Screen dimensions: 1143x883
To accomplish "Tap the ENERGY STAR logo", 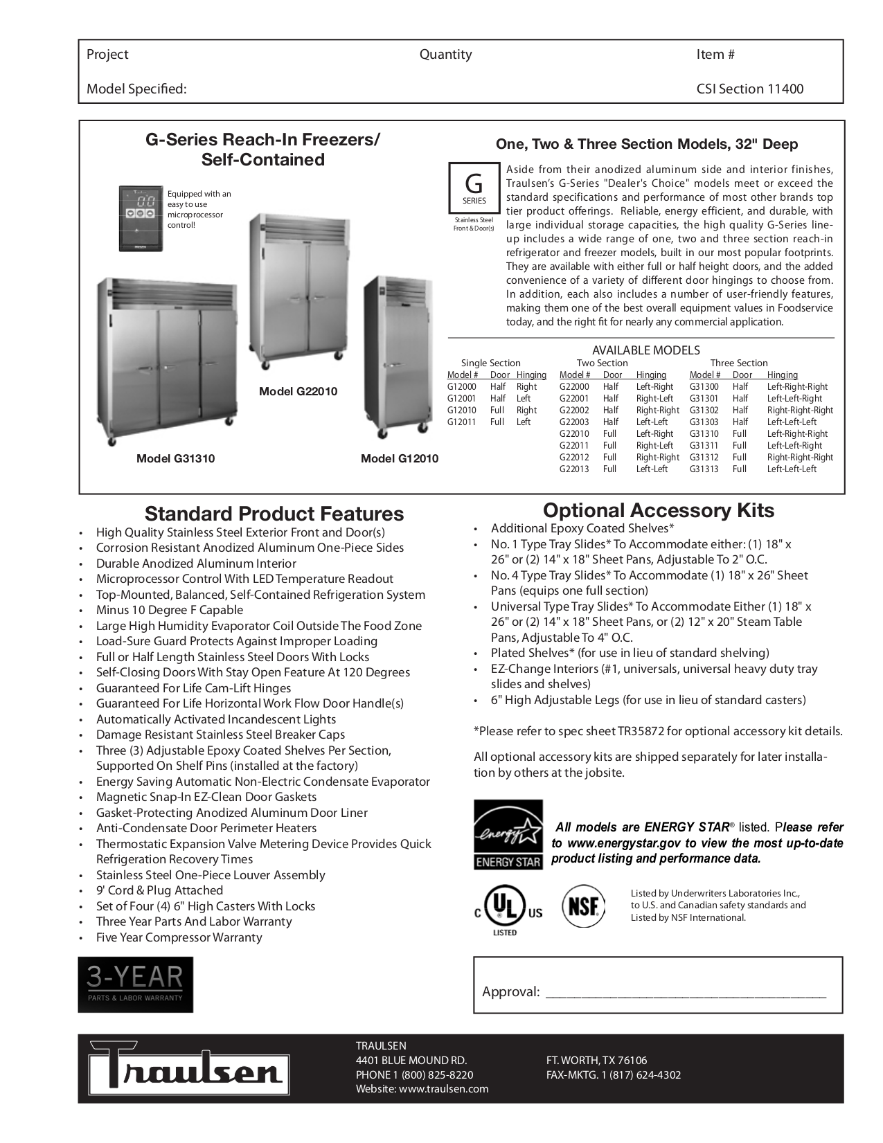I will (x=508, y=834).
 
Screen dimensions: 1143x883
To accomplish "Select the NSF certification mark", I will (x=583, y=906).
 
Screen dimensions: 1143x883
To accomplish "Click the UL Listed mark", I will (x=508, y=908).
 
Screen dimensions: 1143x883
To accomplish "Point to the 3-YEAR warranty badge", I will (x=135, y=984).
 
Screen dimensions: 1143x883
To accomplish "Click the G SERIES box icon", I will (x=474, y=188).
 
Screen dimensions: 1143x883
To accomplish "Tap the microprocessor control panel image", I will (x=141, y=217).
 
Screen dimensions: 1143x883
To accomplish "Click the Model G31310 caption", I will (x=175, y=458).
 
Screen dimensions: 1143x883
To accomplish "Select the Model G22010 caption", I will (x=298, y=391).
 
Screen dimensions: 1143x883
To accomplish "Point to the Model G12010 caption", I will (x=400, y=458).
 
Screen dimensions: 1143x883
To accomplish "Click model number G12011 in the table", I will (x=461, y=422).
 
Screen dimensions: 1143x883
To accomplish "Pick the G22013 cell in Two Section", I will (x=574, y=469).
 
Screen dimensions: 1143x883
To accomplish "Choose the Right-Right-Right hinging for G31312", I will (x=800, y=457).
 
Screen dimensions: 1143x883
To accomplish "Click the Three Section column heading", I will (x=738, y=363).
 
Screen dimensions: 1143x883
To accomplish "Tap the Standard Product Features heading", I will (x=274, y=514).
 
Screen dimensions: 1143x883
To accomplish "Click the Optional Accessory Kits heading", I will (x=658, y=510).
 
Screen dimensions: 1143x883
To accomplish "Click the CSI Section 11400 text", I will (x=749, y=89).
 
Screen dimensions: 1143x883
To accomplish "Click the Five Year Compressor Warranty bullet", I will (x=179, y=937).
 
